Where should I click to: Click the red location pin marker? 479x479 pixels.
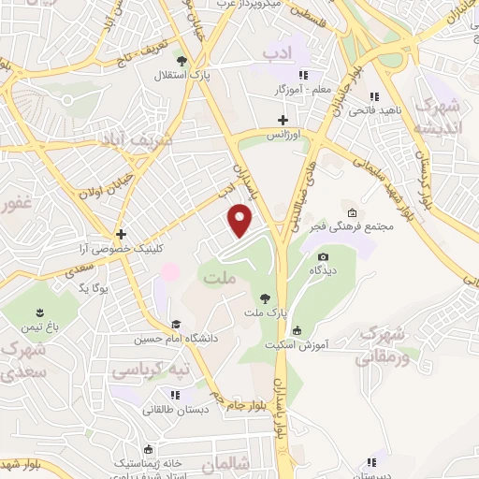click(x=241, y=221)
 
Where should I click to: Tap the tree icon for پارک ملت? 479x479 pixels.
click(x=267, y=298)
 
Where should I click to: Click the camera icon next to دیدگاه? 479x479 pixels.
click(x=324, y=257)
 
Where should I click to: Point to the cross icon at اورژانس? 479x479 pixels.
click(x=283, y=121)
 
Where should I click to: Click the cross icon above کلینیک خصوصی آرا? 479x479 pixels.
click(x=121, y=234)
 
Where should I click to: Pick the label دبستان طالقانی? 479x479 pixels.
click(x=174, y=410)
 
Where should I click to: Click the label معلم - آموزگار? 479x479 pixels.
click(x=278, y=90)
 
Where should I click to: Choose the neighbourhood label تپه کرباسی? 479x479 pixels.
click(x=152, y=371)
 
